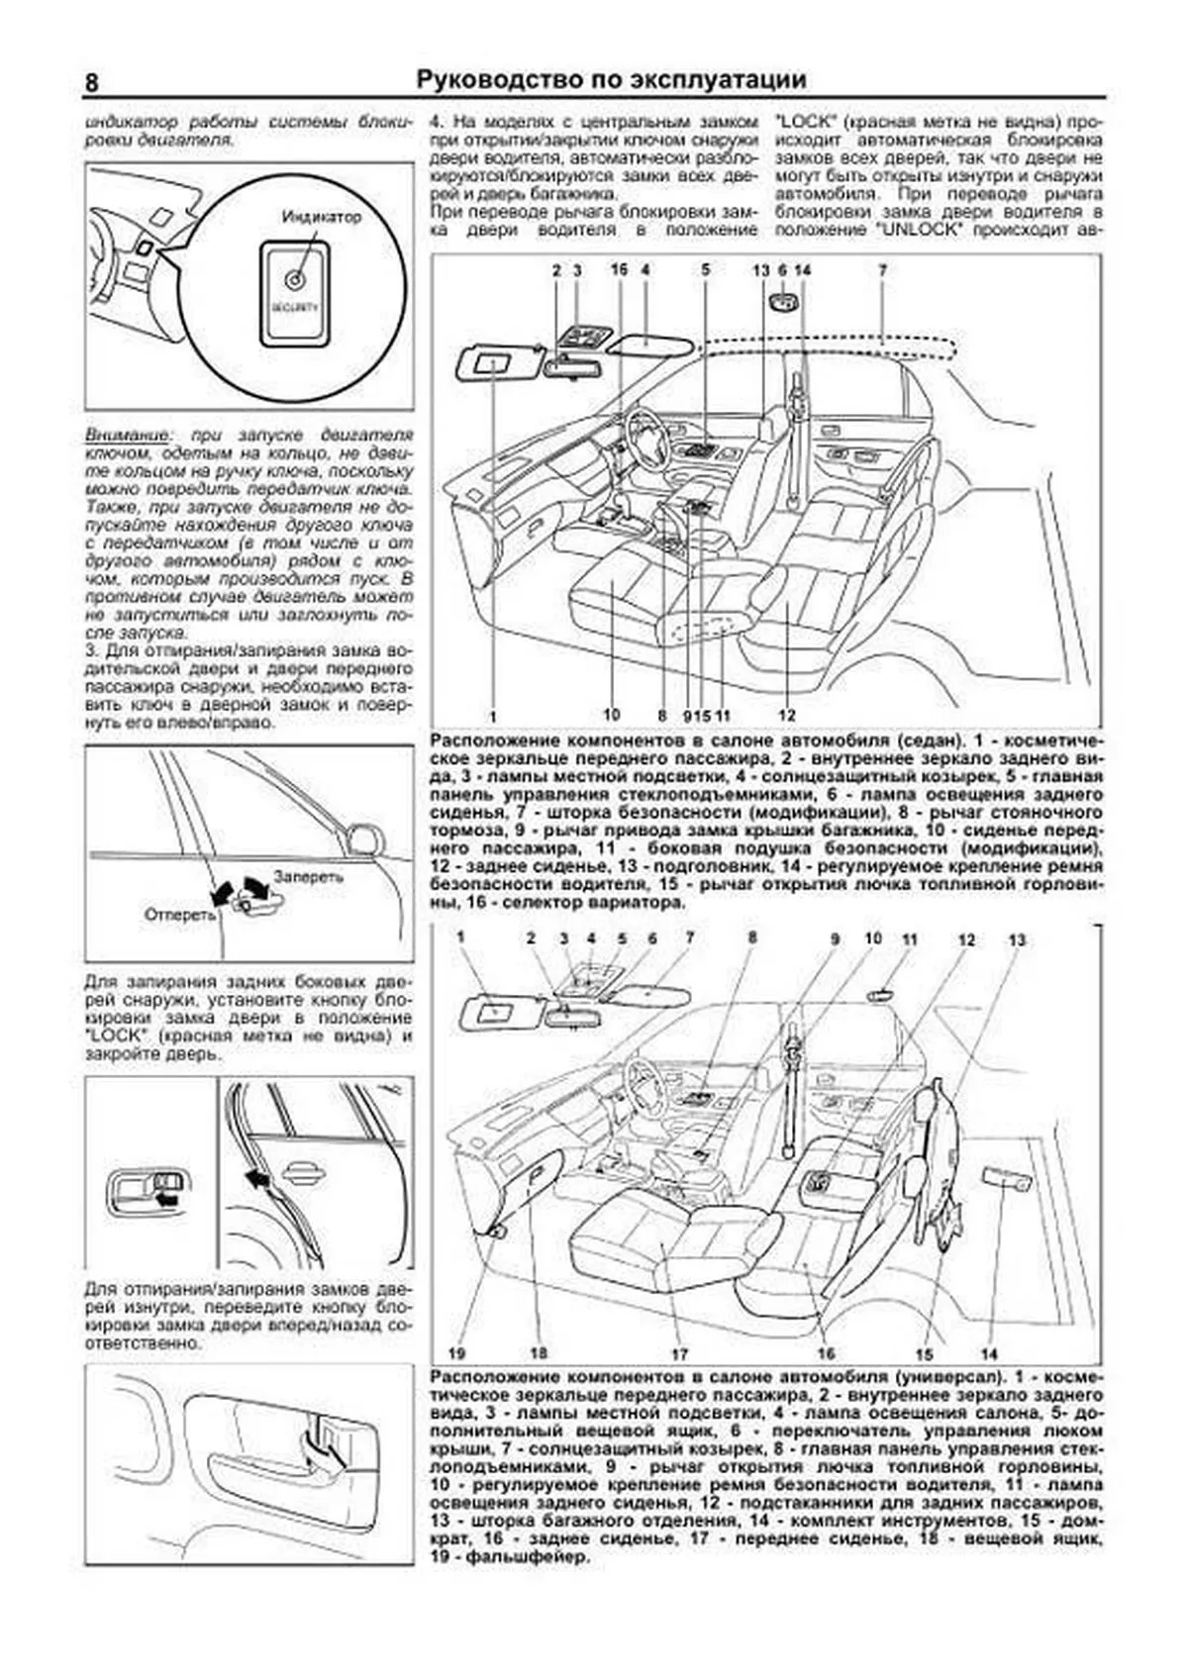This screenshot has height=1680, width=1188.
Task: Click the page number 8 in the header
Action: click(91, 82)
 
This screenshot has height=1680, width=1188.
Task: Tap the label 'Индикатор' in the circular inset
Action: click(321, 217)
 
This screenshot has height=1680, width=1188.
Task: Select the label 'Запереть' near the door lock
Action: click(309, 877)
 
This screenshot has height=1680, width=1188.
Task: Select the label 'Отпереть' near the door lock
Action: click(180, 914)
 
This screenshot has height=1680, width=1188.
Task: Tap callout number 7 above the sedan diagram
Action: click(882, 269)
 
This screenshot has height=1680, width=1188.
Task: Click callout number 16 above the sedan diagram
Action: click(620, 269)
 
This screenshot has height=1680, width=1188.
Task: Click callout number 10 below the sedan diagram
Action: click(611, 715)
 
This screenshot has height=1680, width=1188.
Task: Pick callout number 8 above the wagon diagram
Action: click(752, 937)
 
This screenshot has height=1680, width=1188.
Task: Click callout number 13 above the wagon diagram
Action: click(1017, 939)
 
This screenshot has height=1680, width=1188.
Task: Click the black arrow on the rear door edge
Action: click(258, 1178)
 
